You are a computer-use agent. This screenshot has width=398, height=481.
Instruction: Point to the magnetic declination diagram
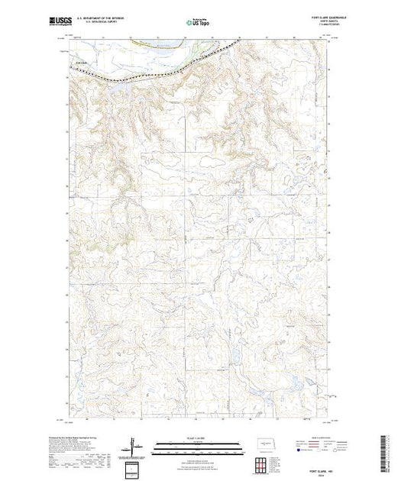coord(137,446)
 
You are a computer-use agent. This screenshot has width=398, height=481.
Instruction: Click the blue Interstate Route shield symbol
coord(294,450)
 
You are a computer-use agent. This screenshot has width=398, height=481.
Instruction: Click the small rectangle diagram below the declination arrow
coord(136,467)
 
